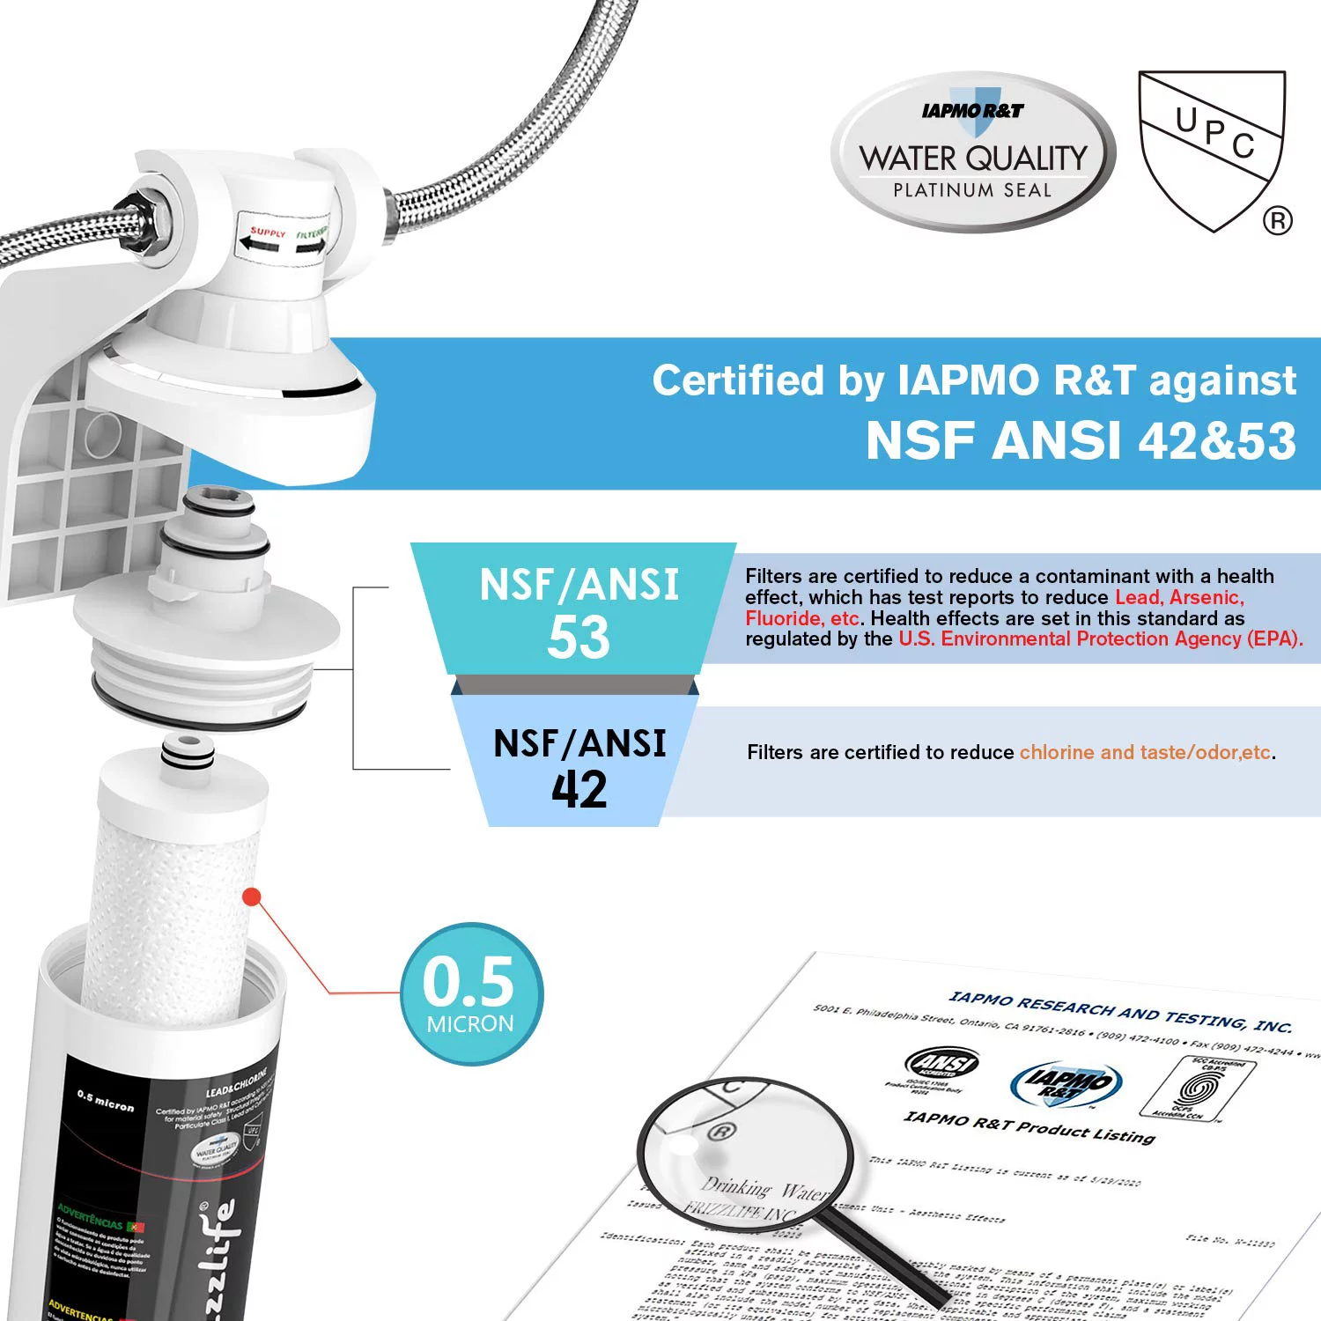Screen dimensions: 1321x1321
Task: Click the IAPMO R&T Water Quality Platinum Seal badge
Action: [x=972, y=152]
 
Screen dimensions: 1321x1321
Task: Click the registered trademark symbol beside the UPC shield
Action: [x=1278, y=220]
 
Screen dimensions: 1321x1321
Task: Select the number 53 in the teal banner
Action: [x=578, y=637]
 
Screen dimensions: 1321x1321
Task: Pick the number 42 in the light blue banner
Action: [x=579, y=789]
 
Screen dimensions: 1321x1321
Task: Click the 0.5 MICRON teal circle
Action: [x=471, y=993]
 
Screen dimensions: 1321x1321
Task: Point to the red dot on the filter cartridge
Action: [x=252, y=897]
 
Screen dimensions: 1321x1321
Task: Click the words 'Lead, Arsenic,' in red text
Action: [x=1179, y=598]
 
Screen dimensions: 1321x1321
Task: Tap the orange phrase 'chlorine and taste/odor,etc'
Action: [x=1145, y=752]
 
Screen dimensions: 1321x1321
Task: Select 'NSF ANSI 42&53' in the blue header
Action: [x=1081, y=440]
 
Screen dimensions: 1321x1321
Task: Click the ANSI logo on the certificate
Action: [x=941, y=1063]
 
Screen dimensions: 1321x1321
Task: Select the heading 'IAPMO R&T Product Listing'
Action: [x=1029, y=1126]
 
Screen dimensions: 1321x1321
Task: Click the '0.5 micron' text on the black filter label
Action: [x=106, y=1101]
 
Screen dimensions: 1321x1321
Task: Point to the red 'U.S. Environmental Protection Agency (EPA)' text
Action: [x=1100, y=639]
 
